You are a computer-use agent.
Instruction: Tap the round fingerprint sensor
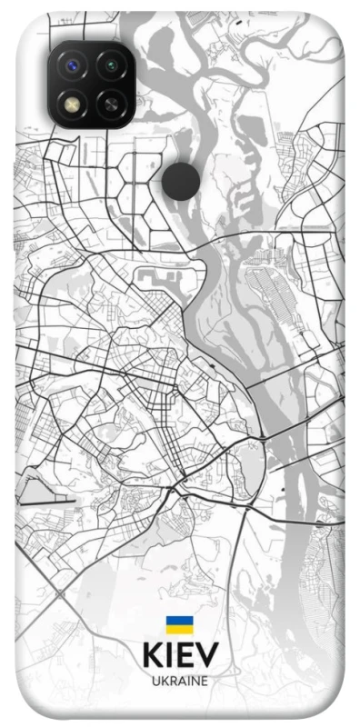click(182, 180)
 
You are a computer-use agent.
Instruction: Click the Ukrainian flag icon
click(179, 625)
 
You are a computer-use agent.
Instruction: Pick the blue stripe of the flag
click(179, 621)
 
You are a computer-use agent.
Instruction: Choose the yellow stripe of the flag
click(179, 629)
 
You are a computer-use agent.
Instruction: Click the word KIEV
click(180, 656)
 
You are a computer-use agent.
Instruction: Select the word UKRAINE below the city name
click(180, 681)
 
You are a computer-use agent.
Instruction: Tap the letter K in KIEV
click(153, 656)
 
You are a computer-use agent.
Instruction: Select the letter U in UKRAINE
click(155, 681)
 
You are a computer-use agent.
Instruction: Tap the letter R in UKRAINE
click(173, 681)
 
